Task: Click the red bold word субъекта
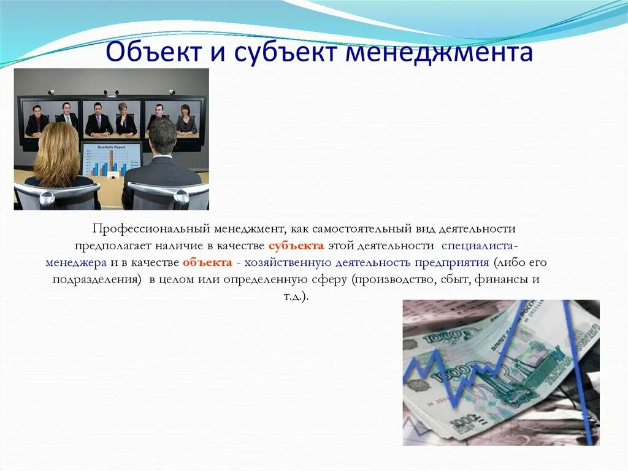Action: (x=296, y=246)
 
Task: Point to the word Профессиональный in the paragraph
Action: (x=151, y=229)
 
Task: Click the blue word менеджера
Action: (x=77, y=263)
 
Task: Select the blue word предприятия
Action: (x=450, y=263)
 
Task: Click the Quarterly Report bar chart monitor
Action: (x=112, y=160)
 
